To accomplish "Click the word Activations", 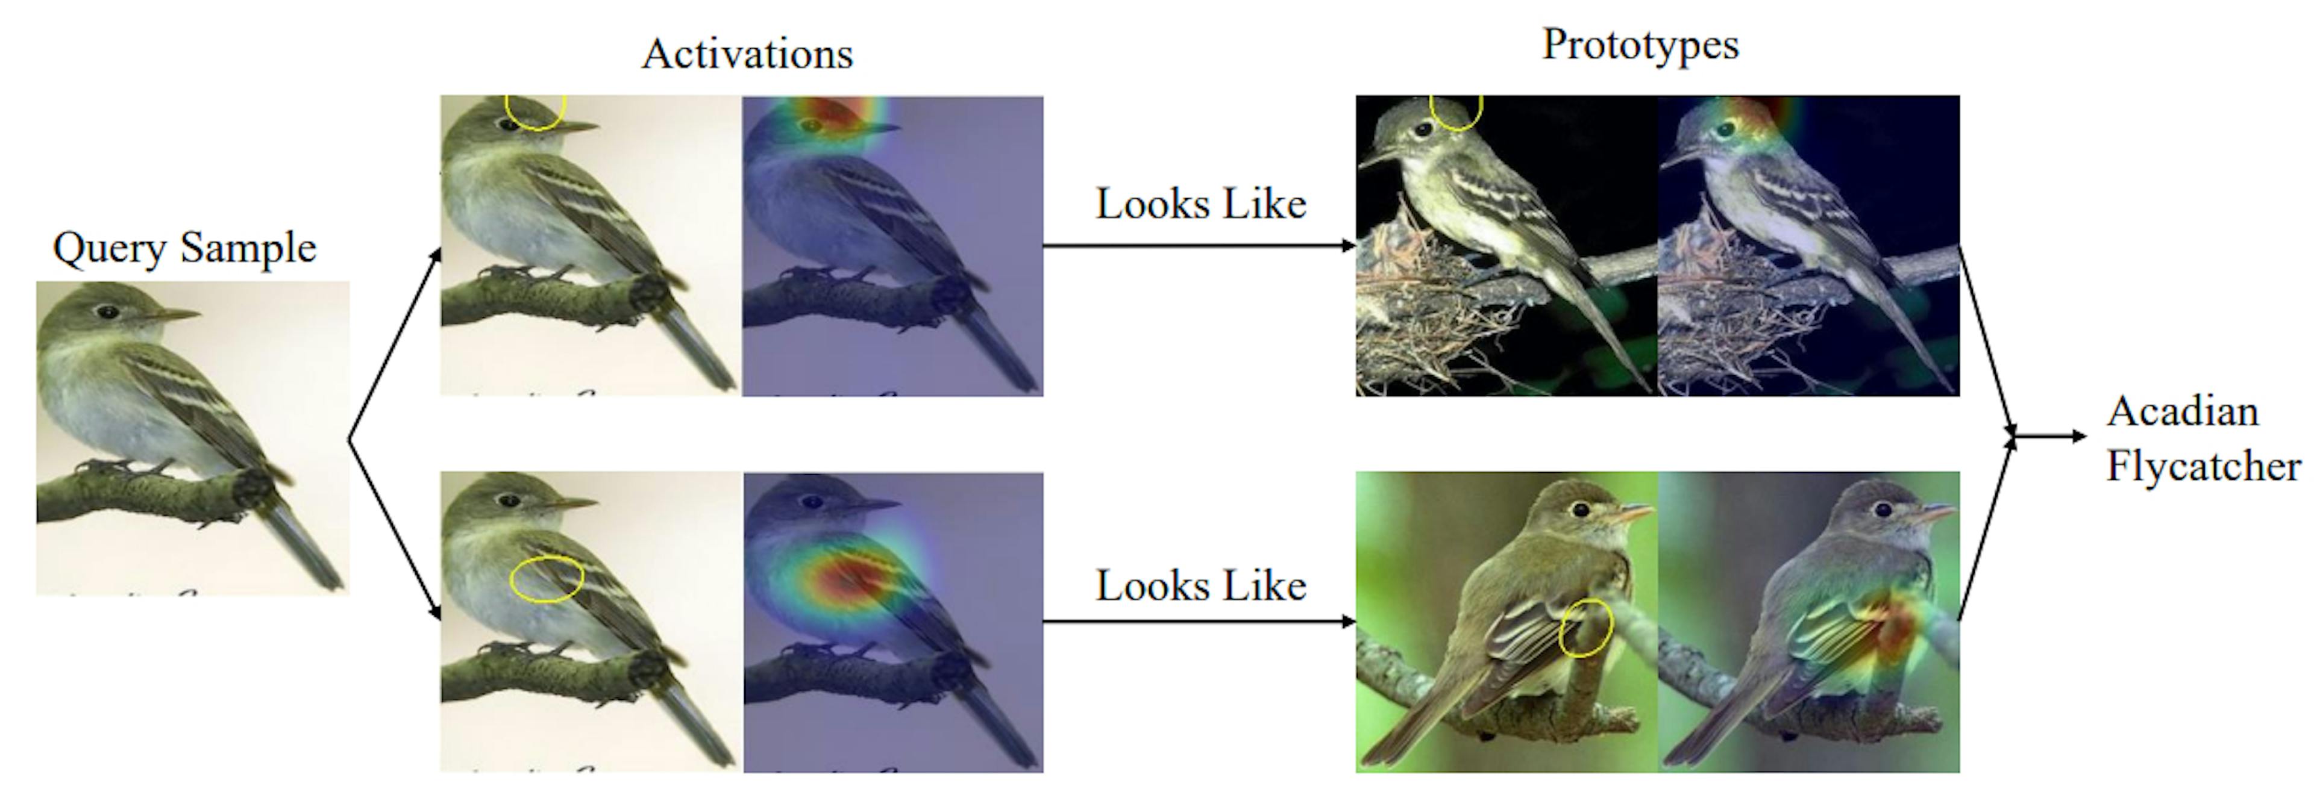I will [747, 54].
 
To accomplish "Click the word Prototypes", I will [1640, 45].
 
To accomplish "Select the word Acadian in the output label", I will [2182, 412].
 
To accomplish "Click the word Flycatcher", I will [2203, 467].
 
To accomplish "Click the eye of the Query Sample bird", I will [108, 313].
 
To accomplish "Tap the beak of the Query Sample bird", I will [175, 315].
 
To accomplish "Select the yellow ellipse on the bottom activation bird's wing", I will [546, 579].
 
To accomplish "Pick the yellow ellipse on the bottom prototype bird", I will [1585, 628].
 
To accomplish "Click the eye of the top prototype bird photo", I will [1422, 130].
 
